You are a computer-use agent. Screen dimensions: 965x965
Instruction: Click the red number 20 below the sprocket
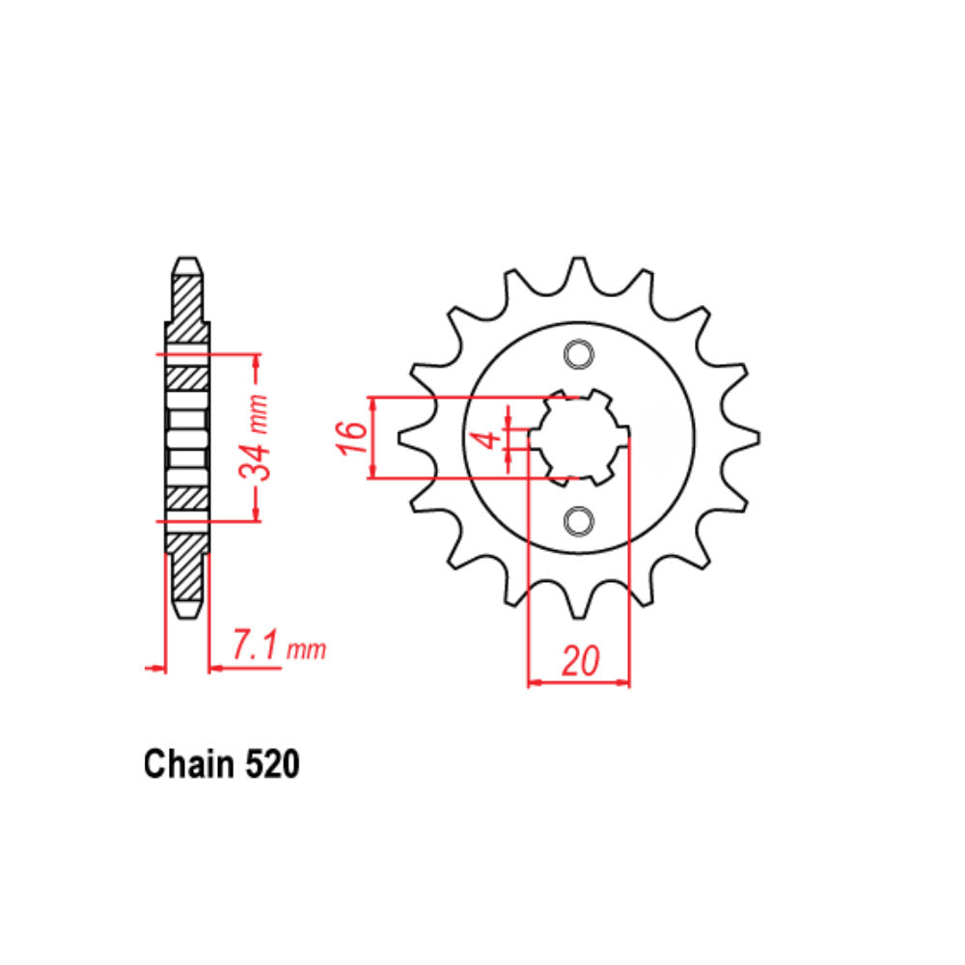579,662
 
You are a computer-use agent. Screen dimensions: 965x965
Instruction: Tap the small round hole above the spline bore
579,355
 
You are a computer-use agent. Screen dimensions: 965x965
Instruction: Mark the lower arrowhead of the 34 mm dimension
256,515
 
